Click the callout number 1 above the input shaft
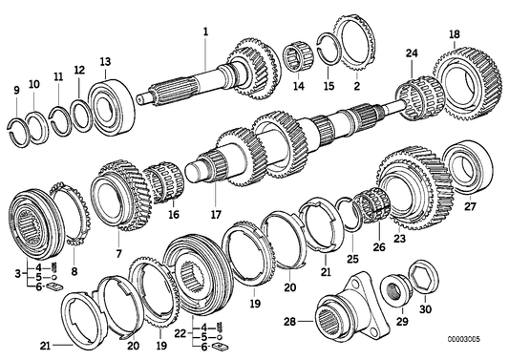click(204, 32)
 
